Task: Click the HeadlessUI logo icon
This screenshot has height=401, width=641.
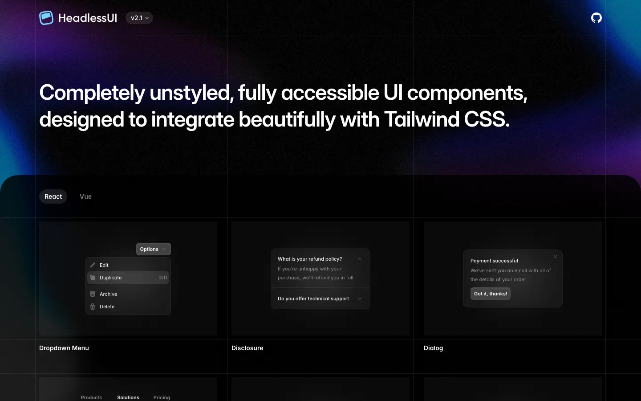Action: pos(46,18)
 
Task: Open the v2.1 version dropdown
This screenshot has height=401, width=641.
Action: pos(139,18)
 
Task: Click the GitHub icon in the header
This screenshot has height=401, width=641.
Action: pos(596,18)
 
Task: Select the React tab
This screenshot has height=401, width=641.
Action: pos(53,196)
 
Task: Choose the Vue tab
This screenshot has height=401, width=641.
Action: pos(85,196)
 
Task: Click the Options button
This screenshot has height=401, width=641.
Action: pos(154,249)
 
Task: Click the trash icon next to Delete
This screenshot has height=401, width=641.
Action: pos(93,307)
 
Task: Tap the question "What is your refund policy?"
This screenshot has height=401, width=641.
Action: pos(310,259)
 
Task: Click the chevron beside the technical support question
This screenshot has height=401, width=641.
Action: pos(360,299)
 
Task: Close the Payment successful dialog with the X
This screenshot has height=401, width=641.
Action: pos(556,257)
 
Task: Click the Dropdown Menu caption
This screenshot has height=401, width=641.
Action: pos(64,348)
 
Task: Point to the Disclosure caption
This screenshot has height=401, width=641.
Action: pos(247,348)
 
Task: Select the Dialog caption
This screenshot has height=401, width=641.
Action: pos(433,348)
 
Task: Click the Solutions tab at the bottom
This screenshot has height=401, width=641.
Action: pos(128,397)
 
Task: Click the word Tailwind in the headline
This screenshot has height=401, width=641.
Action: pos(422,119)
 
